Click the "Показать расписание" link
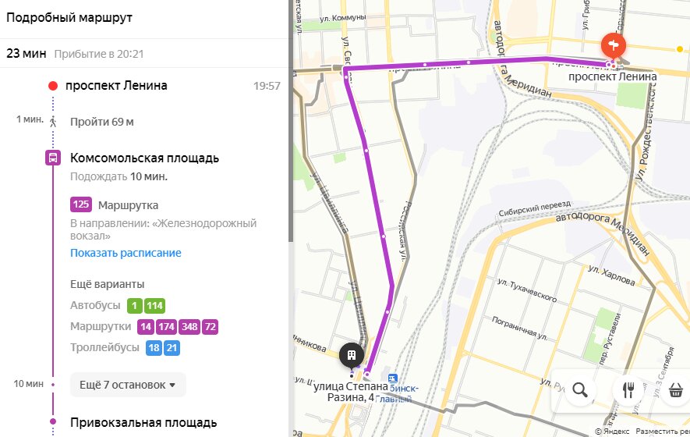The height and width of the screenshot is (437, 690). [x=126, y=253]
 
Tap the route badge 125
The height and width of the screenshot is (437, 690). [x=81, y=205]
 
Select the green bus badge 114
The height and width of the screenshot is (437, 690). [x=154, y=306]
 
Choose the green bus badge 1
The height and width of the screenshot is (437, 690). [x=135, y=306]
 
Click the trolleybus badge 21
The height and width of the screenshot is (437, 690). [x=172, y=347]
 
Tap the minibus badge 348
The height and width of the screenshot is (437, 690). [x=189, y=327]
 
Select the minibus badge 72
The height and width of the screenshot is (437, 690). [x=211, y=327]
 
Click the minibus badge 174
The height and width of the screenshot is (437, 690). [x=166, y=327]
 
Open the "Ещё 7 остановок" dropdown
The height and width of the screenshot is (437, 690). [x=128, y=385]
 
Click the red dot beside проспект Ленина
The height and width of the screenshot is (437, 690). [x=53, y=86]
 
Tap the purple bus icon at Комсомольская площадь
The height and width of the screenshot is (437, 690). [x=53, y=158]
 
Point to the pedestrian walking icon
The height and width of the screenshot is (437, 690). [x=53, y=122]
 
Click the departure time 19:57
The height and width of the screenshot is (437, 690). [x=267, y=86]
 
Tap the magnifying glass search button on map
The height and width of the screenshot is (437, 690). [x=580, y=390]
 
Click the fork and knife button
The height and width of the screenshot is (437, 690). [x=628, y=390]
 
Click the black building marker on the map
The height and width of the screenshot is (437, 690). [x=352, y=356]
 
